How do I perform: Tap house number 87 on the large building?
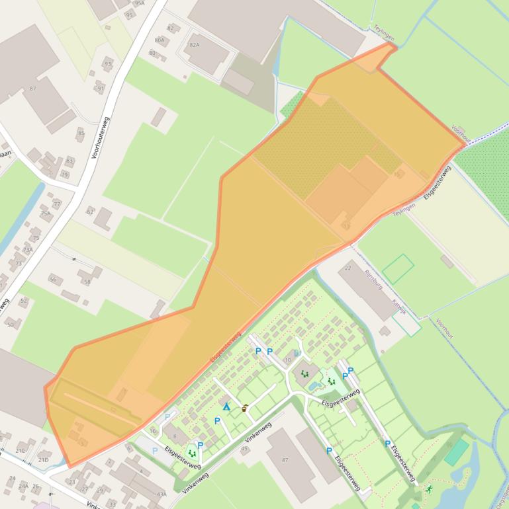pos(33,88)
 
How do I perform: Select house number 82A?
pos(194,45)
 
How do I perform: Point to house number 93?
pos(108,64)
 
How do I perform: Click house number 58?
pos(87,282)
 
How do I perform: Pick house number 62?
pos(90,212)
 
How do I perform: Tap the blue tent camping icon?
pos(226,407)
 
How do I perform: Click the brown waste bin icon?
pos(245,408)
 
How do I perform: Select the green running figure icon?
pos(429,489)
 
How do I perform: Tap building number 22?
pos(348,267)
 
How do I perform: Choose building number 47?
pos(285,459)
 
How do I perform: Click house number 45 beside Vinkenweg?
pos(244,449)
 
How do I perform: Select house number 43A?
pos(162,494)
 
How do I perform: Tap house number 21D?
pos(43,459)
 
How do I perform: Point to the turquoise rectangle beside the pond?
pos(456,452)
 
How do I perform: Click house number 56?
pos(53,280)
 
